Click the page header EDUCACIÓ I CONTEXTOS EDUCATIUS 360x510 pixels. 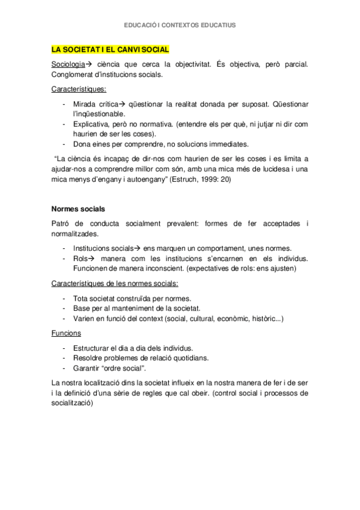(x=180, y=25)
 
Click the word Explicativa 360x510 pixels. (x=91, y=123)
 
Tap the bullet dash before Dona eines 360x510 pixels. (x=64, y=144)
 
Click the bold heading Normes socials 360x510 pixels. (x=78, y=209)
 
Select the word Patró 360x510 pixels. (x=62, y=224)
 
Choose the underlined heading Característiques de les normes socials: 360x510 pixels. (x=115, y=284)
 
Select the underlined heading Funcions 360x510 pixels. (x=66, y=333)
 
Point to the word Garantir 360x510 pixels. (x=87, y=367)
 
